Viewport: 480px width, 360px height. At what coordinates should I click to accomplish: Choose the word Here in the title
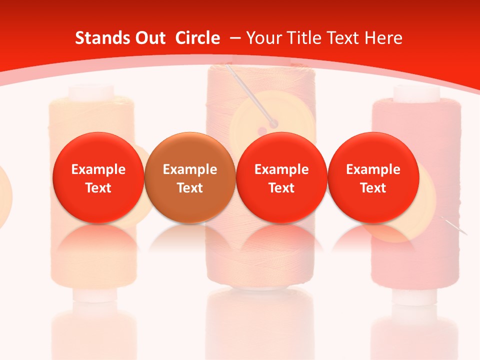[382, 38]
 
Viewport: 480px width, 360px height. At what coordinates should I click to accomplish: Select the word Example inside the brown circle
[190, 169]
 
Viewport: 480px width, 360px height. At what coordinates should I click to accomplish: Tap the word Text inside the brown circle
[190, 188]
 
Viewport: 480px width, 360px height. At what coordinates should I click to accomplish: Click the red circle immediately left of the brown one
[98, 178]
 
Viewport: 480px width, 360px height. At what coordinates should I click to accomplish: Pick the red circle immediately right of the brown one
[281, 178]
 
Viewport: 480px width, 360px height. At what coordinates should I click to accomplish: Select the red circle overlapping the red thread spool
[373, 178]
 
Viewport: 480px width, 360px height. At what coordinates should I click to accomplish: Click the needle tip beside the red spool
[465, 233]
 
